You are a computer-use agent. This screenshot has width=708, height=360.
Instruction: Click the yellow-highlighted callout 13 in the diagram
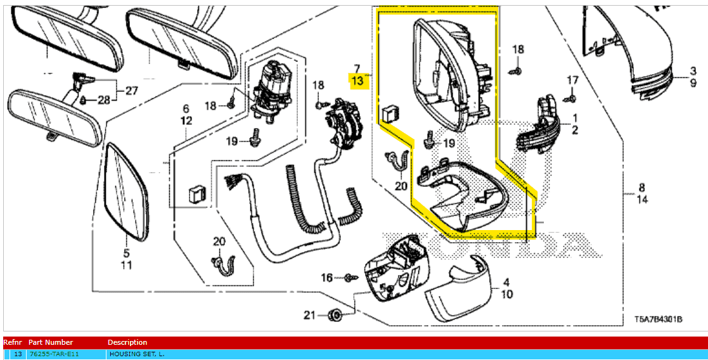[357, 81]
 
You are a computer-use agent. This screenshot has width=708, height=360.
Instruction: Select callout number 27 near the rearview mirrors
[131, 91]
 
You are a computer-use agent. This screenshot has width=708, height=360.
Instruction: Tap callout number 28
[103, 100]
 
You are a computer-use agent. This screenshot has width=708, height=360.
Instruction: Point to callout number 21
[309, 315]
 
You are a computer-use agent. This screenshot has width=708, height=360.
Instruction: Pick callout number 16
[326, 277]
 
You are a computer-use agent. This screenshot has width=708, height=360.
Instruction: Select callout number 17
[572, 80]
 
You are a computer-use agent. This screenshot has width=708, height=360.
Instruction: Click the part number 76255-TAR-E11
[55, 354]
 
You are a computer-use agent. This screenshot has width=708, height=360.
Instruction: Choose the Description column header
[127, 342]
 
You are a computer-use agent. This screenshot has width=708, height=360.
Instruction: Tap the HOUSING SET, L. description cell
[137, 354]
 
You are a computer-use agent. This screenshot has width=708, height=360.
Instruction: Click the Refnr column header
[13, 342]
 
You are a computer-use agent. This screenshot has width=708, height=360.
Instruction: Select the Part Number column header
[51, 342]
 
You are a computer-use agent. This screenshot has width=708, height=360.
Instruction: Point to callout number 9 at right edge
[693, 82]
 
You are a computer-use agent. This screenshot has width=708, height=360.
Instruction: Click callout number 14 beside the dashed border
[641, 199]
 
